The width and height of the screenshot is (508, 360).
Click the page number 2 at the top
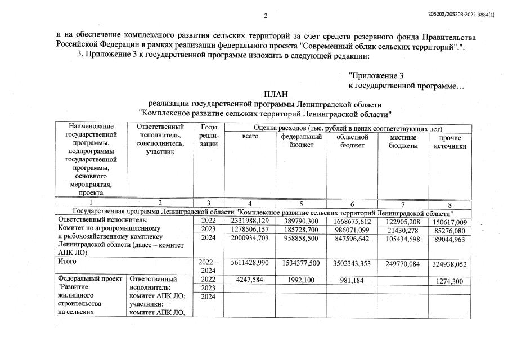coord(266,15)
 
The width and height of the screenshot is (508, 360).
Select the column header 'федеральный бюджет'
coord(301,141)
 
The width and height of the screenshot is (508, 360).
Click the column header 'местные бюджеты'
coord(403,141)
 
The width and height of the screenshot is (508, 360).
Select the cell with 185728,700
coord(300,230)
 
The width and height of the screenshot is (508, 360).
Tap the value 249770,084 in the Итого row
coord(403,263)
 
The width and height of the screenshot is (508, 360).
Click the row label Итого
coord(68,261)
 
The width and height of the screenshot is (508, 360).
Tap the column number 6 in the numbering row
coord(352,203)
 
